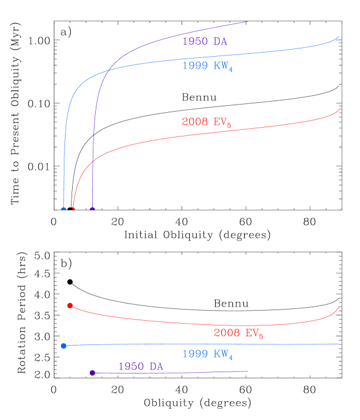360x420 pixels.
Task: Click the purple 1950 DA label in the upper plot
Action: pos(204,42)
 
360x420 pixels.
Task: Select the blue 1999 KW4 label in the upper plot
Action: pos(207,66)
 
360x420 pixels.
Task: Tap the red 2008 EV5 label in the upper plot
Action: pos(206,122)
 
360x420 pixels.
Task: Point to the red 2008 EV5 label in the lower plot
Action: pos(238,333)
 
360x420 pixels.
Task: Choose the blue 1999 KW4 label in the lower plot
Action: pos(207,354)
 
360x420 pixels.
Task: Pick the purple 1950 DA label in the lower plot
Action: pos(141,366)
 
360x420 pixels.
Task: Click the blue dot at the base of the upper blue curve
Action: pos(63,209)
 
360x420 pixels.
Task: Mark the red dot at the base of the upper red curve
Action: pos(73,208)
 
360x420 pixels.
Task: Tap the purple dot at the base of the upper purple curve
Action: pos(92,209)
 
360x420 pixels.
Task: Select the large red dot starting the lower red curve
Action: pos(70,305)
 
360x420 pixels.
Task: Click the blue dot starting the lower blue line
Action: pos(63,346)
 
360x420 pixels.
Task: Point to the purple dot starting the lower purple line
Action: pos(92,373)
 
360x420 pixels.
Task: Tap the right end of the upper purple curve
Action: pos(247,21)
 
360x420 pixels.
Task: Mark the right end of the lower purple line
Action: pos(247,371)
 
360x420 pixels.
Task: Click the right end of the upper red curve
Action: pos(339,109)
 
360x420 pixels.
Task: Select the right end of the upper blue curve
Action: pos(339,36)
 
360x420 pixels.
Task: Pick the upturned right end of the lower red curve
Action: pos(339,306)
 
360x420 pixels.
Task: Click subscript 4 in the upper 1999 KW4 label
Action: pos(231,70)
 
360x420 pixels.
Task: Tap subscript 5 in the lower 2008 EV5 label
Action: pos(261,337)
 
